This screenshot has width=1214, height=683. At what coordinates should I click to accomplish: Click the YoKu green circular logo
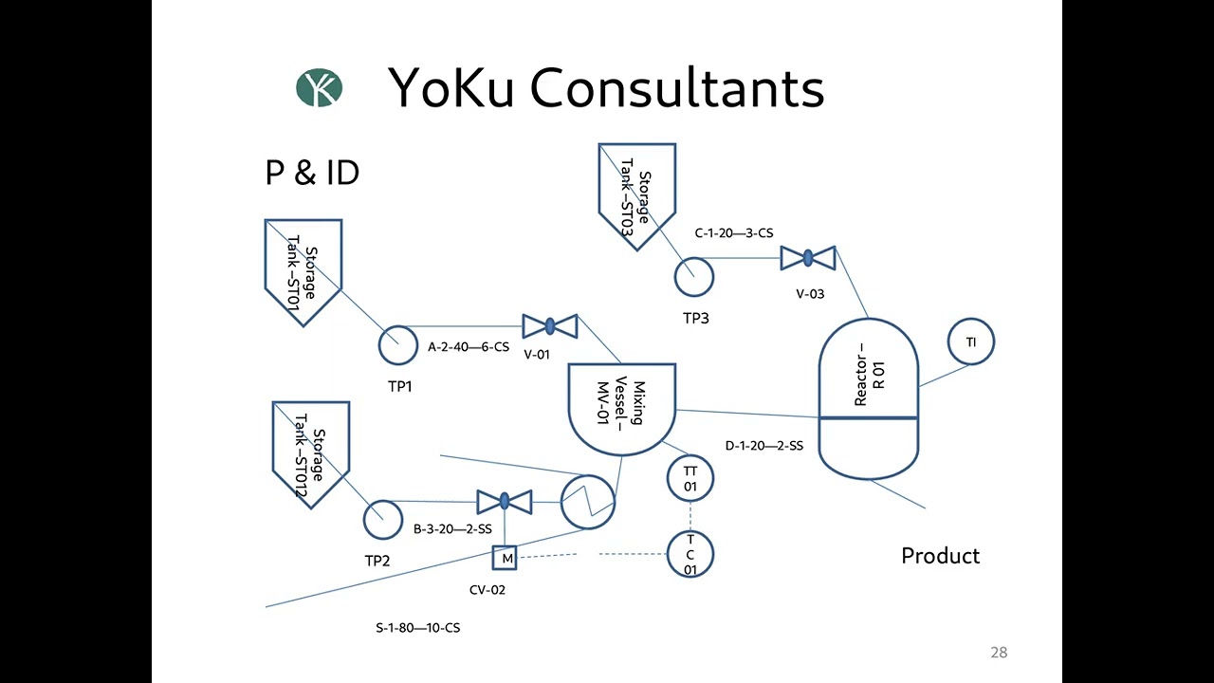pos(319,88)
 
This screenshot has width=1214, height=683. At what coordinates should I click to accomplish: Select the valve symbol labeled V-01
pos(550,326)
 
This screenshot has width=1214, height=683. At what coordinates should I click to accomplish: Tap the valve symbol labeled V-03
pos(807,258)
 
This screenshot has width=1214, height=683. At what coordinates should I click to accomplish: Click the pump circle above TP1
pos(398,345)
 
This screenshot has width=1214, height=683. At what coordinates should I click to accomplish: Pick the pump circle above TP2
pos(383,520)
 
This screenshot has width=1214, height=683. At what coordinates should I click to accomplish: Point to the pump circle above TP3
pos(694,277)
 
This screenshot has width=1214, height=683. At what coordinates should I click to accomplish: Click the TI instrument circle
pos(971,342)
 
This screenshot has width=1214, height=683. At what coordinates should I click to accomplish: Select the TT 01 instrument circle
pos(690,478)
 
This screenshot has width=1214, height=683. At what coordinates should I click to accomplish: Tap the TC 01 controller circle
pos(690,555)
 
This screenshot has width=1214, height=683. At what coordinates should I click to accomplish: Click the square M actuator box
pos(506,558)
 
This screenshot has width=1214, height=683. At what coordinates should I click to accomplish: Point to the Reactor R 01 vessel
pos(869,398)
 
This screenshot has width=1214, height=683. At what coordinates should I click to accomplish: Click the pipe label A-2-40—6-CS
pos(469,347)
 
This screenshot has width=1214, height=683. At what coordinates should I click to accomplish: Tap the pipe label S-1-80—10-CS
pos(418,628)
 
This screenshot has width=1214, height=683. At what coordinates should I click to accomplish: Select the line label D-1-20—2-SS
pos(764,446)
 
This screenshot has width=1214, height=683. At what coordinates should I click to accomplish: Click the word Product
pos(940,556)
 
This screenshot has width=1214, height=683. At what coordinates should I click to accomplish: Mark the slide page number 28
pos(999,653)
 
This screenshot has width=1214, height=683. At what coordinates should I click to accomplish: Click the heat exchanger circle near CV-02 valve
pos(588,502)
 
